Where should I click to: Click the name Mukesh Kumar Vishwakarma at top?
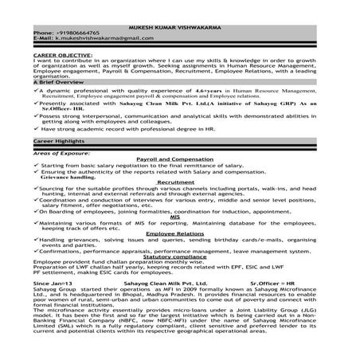pyautogui.click(x=179, y=23)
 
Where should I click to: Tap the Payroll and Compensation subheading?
pyautogui.click(x=178, y=158)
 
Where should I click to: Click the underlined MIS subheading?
pyautogui.click(x=175, y=215)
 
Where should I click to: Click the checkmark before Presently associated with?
pyautogui.click(x=36, y=102)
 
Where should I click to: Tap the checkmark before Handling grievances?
pyautogui.click(x=36, y=238)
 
